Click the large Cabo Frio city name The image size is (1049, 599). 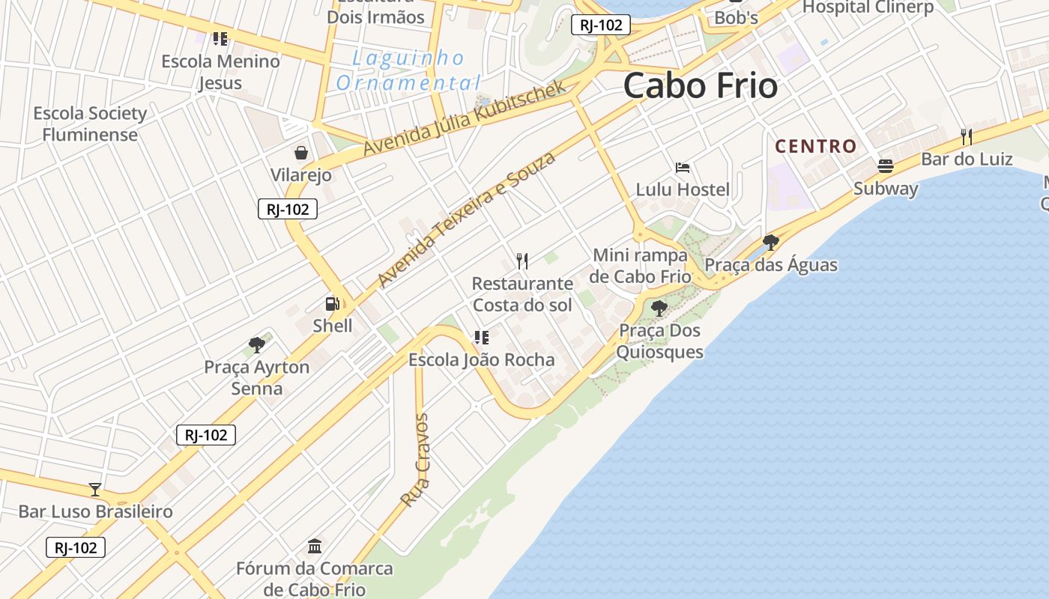click(x=700, y=85)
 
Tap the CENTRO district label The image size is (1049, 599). click(x=815, y=146)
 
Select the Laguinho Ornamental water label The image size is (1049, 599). click(x=408, y=70)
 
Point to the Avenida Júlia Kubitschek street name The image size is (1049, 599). click(x=465, y=119)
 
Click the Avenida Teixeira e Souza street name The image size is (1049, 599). click(x=467, y=219)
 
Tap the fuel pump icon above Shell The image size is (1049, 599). click(x=332, y=303)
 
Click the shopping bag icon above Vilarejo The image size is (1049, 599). click(x=300, y=153)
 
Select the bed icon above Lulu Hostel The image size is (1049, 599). click(x=682, y=167)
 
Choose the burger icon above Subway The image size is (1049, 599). click(x=886, y=165)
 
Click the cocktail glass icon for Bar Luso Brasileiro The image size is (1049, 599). click(x=95, y=490)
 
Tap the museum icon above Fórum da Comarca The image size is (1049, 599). click(x=315, y=546)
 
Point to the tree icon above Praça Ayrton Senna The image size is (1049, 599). click(x=257, y=345)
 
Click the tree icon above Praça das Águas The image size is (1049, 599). click(x=770, y=242)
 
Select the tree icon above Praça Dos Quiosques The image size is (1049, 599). click(x=659, y=308)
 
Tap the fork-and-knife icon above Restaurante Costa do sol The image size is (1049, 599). click(x=522, y=261)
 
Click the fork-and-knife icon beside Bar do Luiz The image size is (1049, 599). click(x=967, y=136)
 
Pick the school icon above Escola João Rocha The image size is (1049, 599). click(x=481, y=338)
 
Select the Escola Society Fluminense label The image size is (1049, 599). click(x=90, y=124)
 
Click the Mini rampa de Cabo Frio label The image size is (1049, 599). click(x=640, y=266)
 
